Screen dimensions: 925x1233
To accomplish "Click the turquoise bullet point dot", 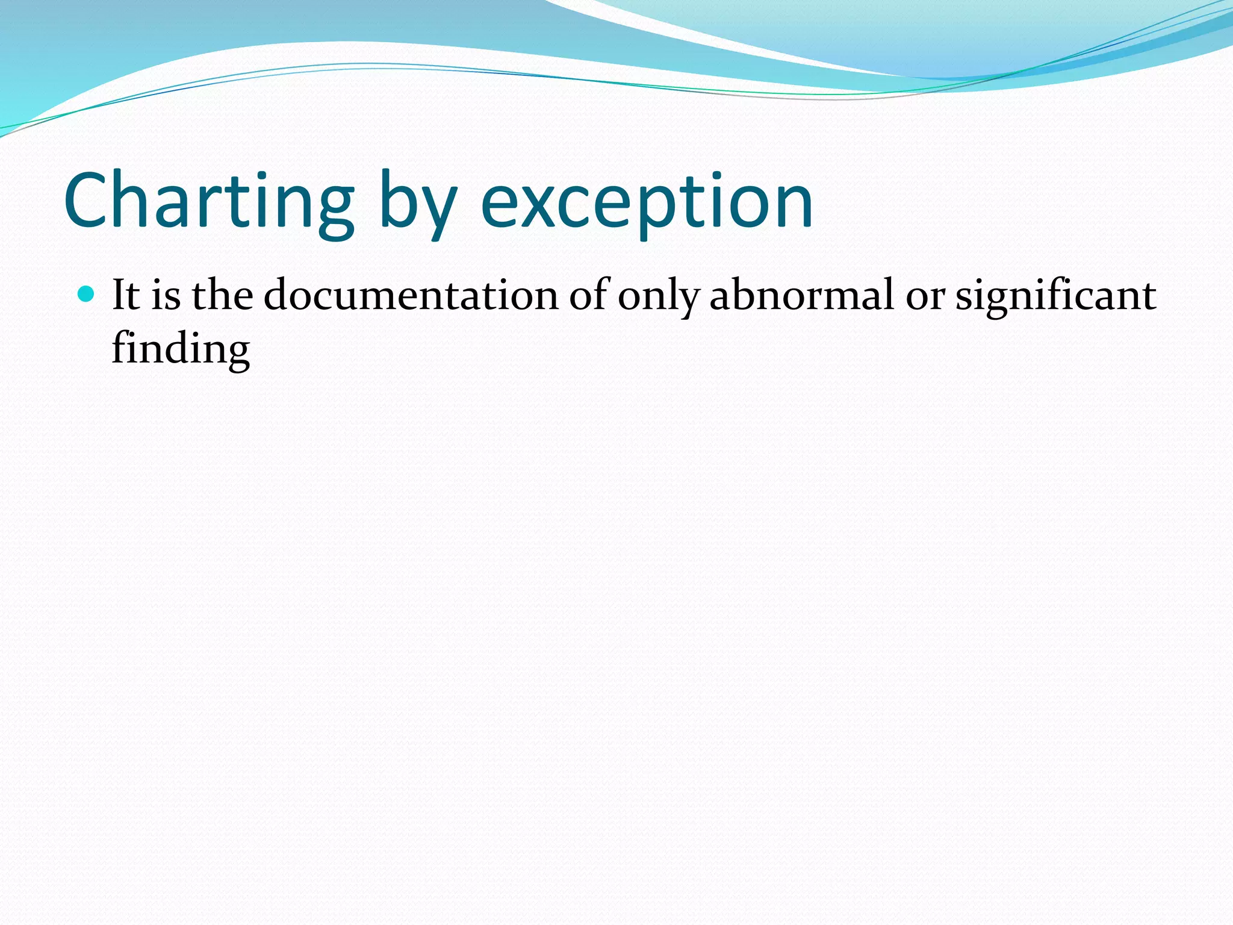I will (x=87, y=294).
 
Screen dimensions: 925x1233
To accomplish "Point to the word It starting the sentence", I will (x=125, y=295).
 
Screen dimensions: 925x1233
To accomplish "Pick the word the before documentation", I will (x=222, y=295).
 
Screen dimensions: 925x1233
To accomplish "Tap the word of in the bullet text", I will (x=589, y=295).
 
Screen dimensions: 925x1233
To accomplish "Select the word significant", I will (x=1055, y=296).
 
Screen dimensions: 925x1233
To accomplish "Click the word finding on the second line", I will (x=181, y=349).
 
